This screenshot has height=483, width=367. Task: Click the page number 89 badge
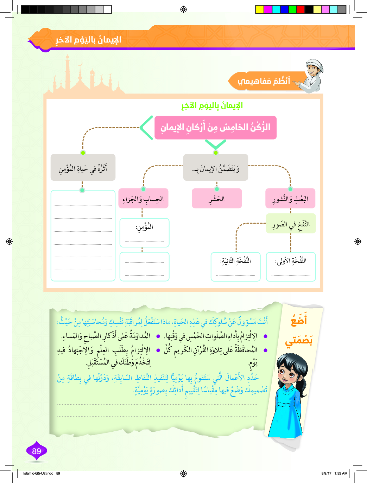[37, 451]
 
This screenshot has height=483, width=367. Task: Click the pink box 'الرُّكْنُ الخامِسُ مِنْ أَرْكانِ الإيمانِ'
[215, 127]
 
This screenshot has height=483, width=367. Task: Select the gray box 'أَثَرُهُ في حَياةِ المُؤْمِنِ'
[83, 168]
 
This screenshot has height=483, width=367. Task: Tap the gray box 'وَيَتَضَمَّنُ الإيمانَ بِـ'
[215, 168]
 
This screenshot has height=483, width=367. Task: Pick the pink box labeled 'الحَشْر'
[217, 198]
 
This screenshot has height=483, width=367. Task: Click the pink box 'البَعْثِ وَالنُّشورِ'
[290, 199]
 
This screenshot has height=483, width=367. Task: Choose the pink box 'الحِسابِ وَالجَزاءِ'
[143, 199]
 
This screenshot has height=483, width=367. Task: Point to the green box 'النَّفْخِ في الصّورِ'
[291, 224]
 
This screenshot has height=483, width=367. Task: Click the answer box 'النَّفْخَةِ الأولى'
[291, 266]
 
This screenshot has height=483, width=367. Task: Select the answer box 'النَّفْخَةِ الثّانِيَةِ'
[235, 266]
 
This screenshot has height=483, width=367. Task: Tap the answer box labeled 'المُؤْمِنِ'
[144, 232]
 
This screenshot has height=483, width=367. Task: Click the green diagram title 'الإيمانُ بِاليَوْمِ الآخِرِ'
[212, 105]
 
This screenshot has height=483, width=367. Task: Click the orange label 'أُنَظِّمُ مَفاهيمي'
[264, 81]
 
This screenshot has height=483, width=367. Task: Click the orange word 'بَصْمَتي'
[299, 340]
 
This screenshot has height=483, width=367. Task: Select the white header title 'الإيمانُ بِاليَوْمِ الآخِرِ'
[88, 40]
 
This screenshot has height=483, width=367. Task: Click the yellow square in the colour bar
[260, 9]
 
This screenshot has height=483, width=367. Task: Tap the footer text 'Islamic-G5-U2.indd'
[38, 473]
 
